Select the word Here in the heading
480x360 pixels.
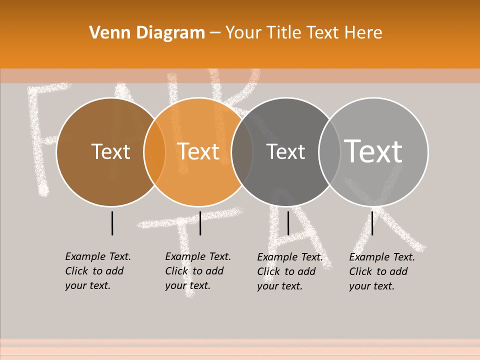click(x=363, y=33)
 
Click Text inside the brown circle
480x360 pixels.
click(x=110, y=151)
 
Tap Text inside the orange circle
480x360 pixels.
click(x=198, y=151)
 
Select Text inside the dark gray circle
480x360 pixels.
click(x=285, y=151)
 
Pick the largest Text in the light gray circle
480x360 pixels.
click(x=373, y=151)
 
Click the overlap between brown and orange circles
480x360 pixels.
click(x=154, y=152)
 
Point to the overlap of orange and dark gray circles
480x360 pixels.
click(x=242, y=152)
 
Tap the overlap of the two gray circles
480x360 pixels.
click(x=329, y=152)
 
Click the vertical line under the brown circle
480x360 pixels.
click(x=112, y=223)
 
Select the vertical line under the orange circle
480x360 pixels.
click(x=200, y=223)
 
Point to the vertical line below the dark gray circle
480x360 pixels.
click(x=288, y=223)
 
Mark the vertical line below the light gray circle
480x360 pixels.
click(x=372, y=223)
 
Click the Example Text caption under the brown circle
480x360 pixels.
click(x=97, y=271)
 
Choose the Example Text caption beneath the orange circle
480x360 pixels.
click(x=197, y=271)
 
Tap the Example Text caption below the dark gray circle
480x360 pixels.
click(x=289, y=271)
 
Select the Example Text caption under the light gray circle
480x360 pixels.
click(x=381, y=271)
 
